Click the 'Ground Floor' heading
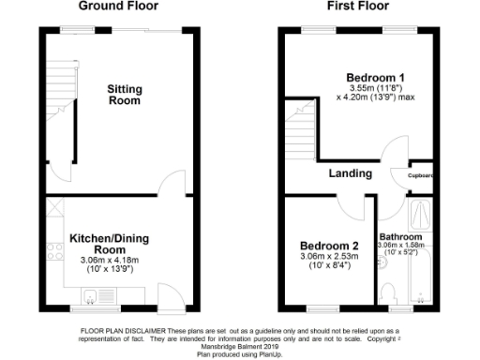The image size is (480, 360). click(118, 7)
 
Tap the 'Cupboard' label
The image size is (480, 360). click(420, 175)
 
